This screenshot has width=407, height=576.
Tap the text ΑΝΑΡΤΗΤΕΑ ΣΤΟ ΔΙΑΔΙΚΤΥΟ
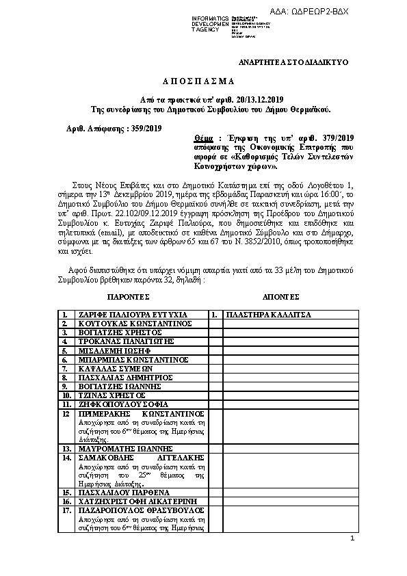293,62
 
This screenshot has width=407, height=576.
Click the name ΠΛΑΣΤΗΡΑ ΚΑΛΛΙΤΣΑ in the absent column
269,315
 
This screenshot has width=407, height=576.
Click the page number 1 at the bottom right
352,539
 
